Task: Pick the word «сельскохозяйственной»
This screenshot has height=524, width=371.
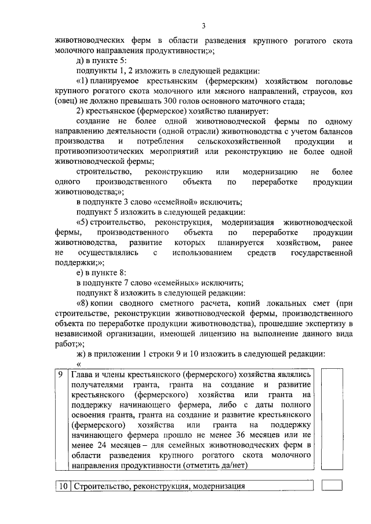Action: [x=228, y=141]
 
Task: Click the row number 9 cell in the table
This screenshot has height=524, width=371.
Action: [x=61, y=375]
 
